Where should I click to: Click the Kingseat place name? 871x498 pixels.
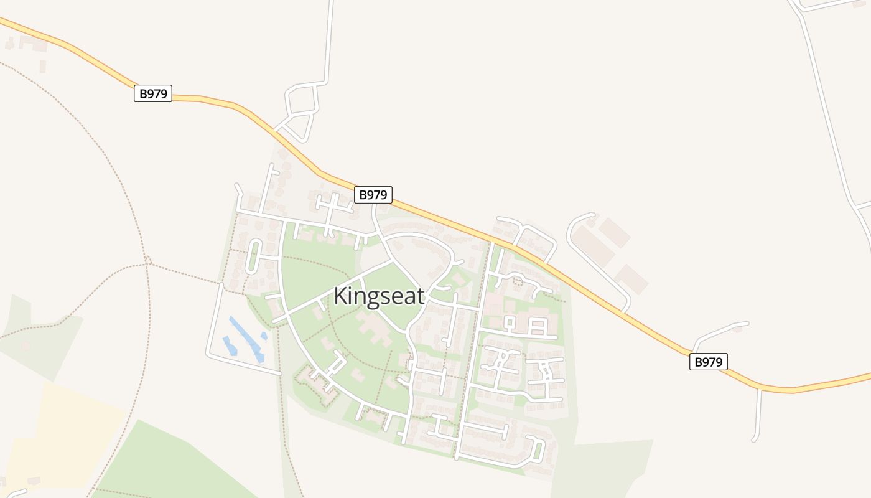(x=379, y=296)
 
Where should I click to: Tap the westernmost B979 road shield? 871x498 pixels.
(x=152, y=93)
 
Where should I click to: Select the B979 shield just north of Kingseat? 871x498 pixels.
(x=373, y=195)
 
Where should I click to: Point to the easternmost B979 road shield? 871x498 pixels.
(x=708, y=362)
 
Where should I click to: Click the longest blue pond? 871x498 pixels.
(x=245, y=337)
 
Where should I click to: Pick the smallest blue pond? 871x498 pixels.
(x=264, y=336)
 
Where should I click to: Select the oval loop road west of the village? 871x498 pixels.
(x=254, y=256)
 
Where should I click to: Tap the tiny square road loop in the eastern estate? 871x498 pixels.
(x=509, y=322)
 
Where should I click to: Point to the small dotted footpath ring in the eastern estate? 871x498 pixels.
(x=516, y=281)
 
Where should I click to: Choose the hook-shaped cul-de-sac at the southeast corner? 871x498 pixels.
(x=536, y=449)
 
